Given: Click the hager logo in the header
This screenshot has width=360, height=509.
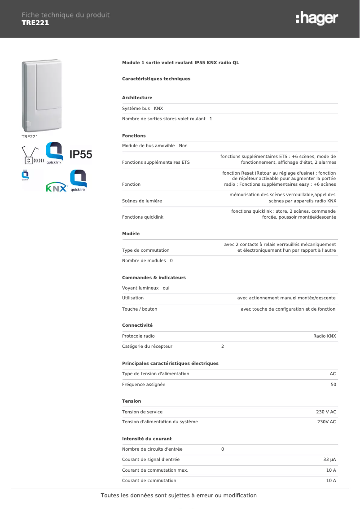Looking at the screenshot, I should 316,18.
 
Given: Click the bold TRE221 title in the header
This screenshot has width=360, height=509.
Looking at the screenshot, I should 35,23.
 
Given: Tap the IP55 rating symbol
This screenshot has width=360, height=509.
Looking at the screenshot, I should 81,155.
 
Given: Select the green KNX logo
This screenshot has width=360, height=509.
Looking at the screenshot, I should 57,188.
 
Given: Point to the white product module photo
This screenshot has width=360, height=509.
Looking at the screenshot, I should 42,95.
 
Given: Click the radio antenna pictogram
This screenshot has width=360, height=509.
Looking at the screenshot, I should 33,156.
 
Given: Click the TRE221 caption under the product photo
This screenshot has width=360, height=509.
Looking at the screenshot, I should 30,136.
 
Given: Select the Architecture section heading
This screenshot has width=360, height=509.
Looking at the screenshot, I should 137,98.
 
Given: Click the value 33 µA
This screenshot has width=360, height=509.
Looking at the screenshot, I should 329,460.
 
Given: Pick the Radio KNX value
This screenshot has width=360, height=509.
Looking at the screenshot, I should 325,336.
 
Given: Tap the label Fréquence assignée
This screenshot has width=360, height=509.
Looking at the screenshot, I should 144,385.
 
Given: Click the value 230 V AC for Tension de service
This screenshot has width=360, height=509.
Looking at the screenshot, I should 326,412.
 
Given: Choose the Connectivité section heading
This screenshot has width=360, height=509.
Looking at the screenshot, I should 137,325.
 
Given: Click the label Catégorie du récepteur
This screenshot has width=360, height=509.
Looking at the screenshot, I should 147,347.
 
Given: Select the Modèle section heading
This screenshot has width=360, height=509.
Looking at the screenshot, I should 131,234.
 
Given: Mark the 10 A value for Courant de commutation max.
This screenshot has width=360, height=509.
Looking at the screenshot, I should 331,470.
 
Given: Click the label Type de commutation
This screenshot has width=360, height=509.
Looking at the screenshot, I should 146,250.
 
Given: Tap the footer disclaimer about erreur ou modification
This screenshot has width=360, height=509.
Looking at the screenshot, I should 179,496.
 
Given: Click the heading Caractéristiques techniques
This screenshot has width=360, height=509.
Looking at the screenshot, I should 156,79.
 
